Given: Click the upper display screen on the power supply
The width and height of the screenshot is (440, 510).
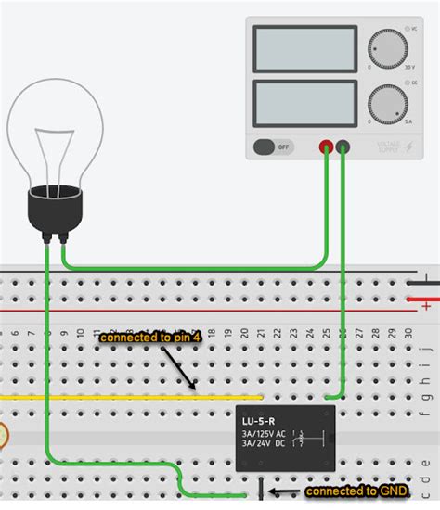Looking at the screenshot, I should click(x=304, y=50).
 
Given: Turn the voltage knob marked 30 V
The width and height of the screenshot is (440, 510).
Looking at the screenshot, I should click(x=387, y=49).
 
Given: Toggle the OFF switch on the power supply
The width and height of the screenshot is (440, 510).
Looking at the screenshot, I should click(x=272, y=147).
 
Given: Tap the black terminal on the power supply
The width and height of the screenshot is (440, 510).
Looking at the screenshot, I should click(x=343, y=147).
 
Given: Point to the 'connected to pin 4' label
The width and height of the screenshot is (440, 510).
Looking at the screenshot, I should click(x=149, y=338).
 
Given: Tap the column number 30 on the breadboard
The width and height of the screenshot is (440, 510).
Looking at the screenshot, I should click(x=406, y=332).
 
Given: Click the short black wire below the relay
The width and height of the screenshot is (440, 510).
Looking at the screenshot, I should click(x=261, y=489).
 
